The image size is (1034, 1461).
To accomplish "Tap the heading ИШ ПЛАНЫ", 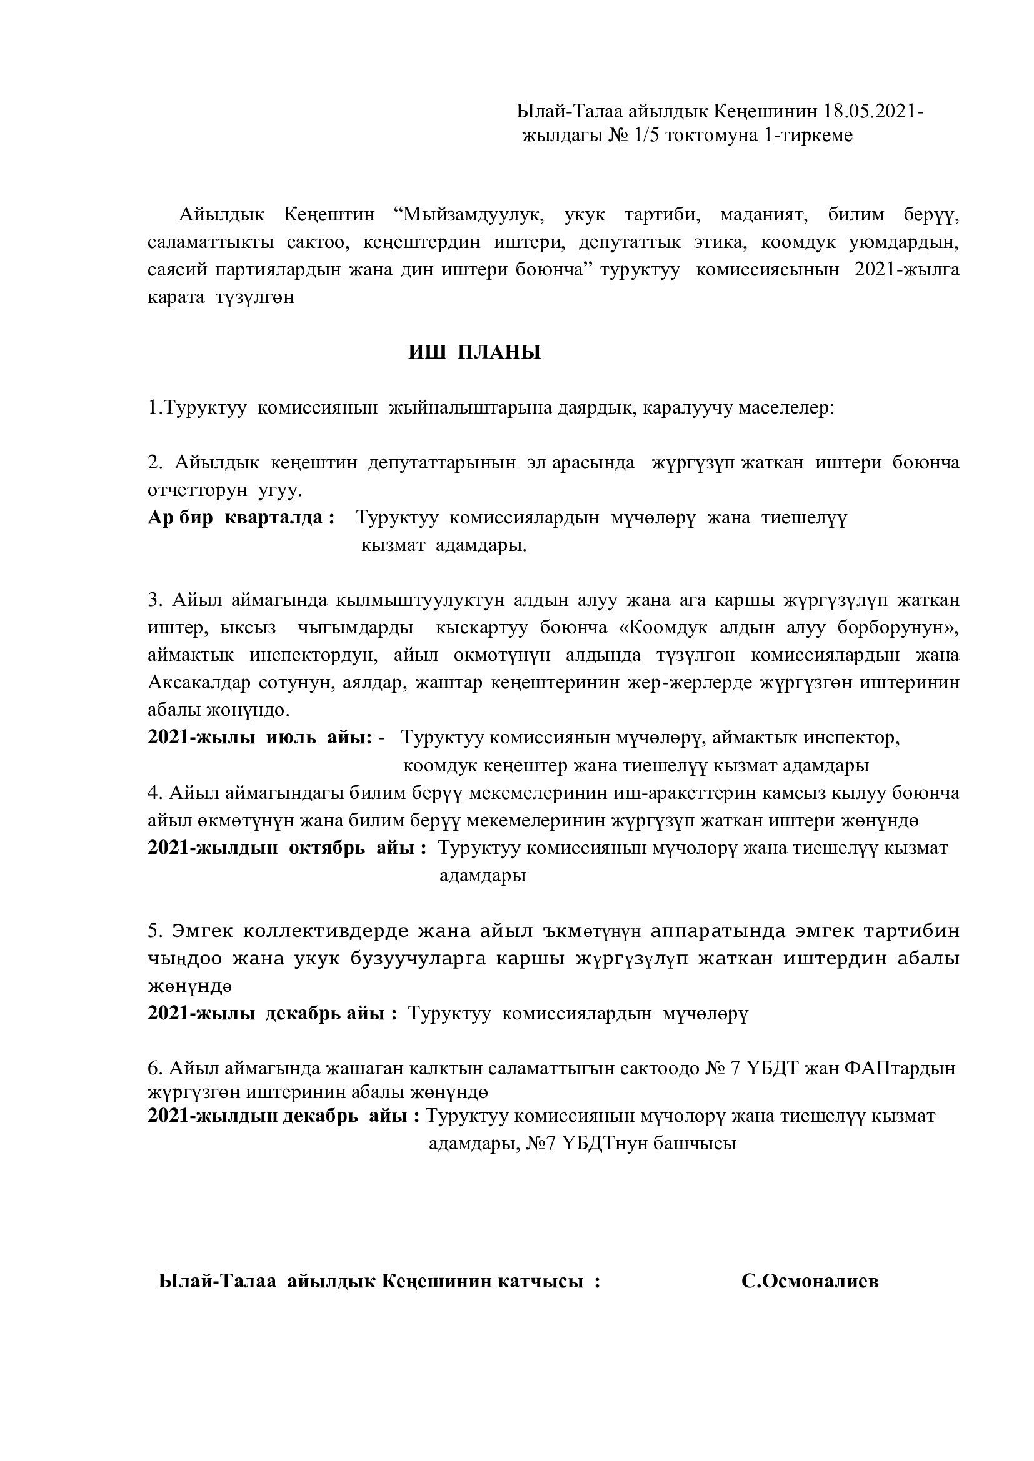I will point(474,352).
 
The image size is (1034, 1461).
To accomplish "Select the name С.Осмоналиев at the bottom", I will point(810,1276).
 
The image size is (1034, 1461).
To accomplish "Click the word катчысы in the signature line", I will point(547,1276).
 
